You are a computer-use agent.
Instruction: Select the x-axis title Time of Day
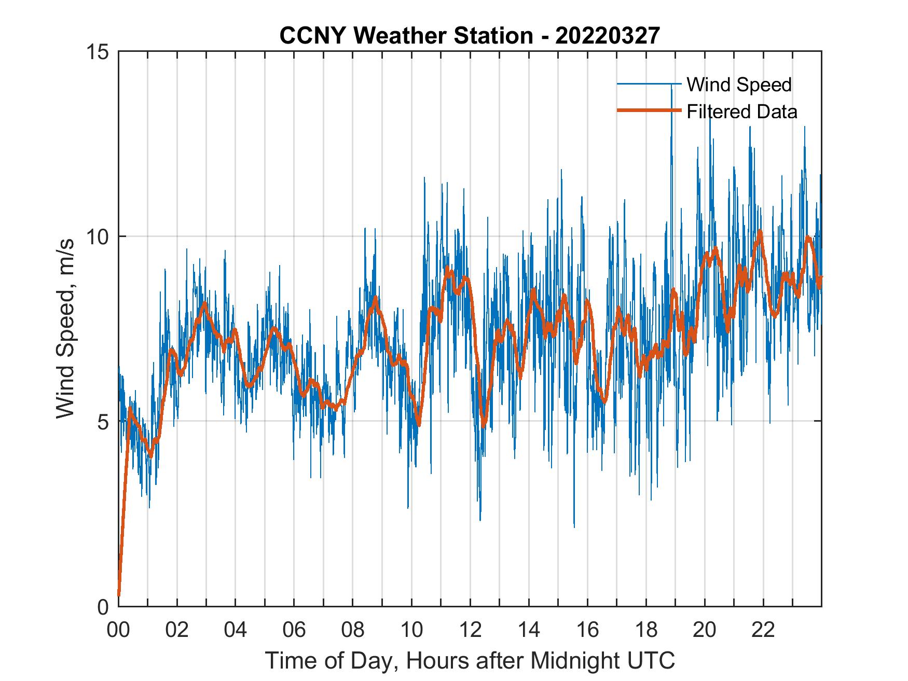(470, 660)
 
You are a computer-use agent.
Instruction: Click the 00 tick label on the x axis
(118, 630)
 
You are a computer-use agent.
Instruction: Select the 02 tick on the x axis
(177, 630)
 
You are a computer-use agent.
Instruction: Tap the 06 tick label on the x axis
(294, 630)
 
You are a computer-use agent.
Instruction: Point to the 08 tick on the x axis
(353, 630)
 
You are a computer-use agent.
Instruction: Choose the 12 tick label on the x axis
(470, 630)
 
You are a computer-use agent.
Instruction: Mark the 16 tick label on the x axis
(587, 630)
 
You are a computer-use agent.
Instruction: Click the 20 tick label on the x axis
(705, 630)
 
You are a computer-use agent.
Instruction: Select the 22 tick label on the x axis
(763, 630)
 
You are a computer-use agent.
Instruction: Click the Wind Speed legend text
(739, 85)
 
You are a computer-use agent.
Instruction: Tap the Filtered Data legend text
(741, 112)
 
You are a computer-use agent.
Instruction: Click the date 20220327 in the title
(608, 36)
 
